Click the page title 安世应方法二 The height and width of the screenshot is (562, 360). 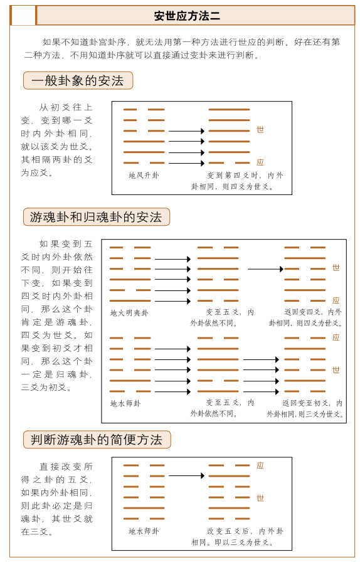[x=186, y=16]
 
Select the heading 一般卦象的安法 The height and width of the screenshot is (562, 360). [x=78, y=80]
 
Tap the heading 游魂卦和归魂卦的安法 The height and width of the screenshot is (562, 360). [x=96, y=217]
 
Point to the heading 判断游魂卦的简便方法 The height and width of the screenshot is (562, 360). [x=97, y=440]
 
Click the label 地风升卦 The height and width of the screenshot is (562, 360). [x=144, y=176]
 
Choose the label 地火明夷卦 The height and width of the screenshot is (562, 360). [x=129, y=313]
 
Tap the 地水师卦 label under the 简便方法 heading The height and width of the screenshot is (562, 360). [x=144, y=531]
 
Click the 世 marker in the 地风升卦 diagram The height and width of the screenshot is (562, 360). [x=260, y=130]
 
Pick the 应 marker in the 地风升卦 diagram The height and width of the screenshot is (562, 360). [x=260, y=162]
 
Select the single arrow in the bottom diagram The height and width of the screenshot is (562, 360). [x=186, y=475]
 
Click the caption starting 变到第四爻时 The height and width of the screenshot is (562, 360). [x=238, y=181]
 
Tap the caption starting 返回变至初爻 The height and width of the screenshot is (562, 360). [x=305, y=408]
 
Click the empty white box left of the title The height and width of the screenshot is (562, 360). [x=23, y=16]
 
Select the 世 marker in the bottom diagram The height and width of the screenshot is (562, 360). [x=260, y=498]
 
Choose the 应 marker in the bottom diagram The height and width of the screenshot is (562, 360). [x=260, y=465]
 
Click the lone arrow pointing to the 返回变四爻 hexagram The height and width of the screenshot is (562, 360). [x=265, y=269]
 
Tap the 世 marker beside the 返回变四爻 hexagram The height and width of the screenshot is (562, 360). [x=336, y=268]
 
